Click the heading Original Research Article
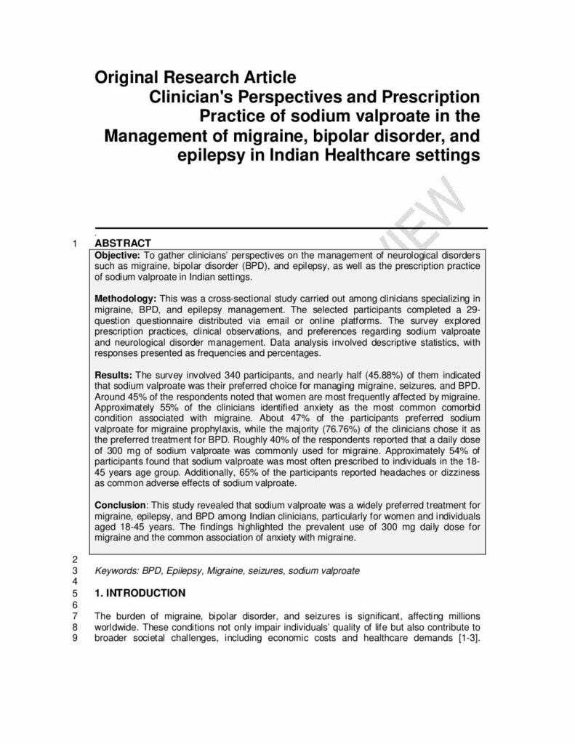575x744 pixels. click(x=196, y=76)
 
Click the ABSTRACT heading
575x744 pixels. click(x=123, y=243)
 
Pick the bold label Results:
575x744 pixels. click(x=114, y=376)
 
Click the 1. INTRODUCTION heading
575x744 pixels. click(x=140, y=592)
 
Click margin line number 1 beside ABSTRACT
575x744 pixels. click(x=76, y=243)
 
